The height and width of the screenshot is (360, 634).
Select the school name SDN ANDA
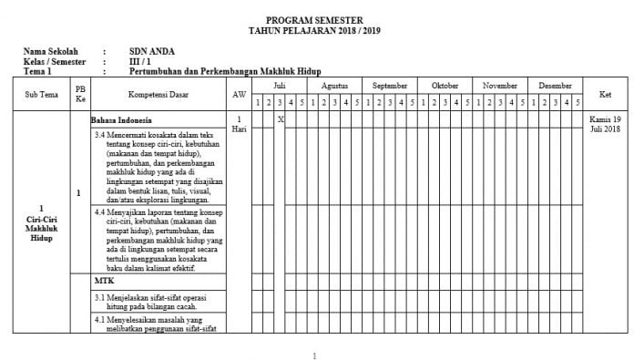pos(152,51)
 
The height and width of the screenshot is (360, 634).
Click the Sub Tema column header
pos(43,94)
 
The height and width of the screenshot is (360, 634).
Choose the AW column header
pos(239,94)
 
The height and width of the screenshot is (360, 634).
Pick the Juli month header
pos(280,85)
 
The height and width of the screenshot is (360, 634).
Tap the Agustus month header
pos(334,85)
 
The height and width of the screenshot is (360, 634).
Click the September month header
pos(390,85)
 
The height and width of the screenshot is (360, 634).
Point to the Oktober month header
pos(445,85)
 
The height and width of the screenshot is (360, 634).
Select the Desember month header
pos(555,85)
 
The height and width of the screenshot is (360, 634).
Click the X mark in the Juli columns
pos(281,119)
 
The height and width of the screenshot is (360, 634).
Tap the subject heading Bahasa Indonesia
pos(121,119)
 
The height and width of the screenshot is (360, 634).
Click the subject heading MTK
pos(103,281)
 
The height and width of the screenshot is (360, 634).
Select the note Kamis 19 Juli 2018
pos(605,124)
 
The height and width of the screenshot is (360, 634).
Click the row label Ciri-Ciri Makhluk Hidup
pos(43,227)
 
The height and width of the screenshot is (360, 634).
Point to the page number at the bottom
pos(314,355)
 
